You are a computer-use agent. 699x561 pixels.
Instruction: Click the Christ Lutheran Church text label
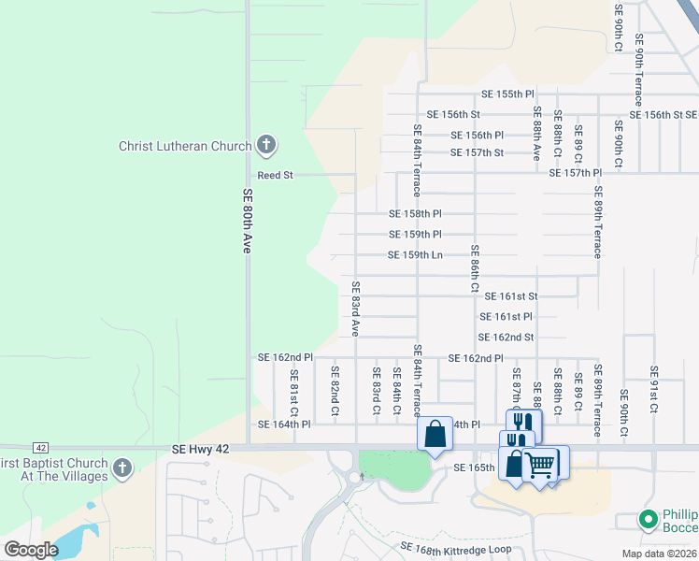pos(185,146)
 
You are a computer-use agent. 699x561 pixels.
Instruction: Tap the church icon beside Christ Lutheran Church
pos(266,145)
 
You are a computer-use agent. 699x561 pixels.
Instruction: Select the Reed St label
pos(276,175)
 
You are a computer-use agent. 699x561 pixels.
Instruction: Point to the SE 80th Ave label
pos(248,221)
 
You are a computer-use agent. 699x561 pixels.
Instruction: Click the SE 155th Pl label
pos(507,94)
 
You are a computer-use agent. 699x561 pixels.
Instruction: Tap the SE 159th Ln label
pos(415,255)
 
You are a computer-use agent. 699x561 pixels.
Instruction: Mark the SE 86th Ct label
pos(475,269)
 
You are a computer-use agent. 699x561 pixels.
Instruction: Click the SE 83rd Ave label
pos(355,308)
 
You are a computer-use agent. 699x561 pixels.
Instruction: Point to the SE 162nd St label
pos(506,338)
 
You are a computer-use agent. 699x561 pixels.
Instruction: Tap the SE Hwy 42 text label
pos(201,450)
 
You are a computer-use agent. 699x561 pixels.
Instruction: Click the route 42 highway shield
pos(40,448)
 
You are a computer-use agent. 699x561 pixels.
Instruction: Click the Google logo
pos(31,550)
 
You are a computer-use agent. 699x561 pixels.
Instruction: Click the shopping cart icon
pos(541,464)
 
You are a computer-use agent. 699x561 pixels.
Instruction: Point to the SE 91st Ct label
pos(654,390)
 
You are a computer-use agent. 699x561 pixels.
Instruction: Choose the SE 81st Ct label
pos(293,392)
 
